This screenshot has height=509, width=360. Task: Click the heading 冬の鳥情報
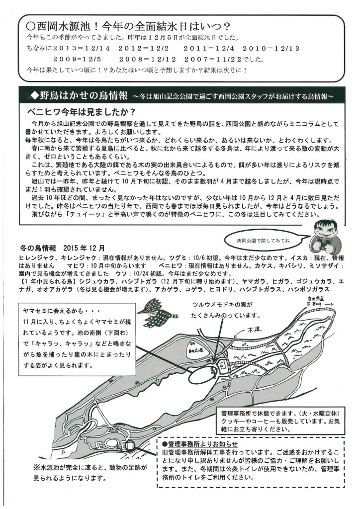(36, 248)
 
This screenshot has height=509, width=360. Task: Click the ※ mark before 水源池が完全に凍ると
(36, 468)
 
